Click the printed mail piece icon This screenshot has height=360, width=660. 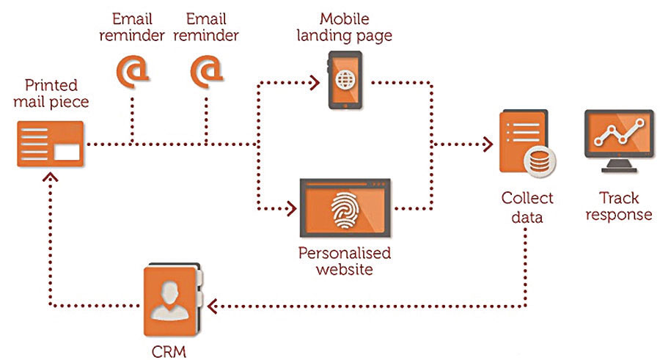50,144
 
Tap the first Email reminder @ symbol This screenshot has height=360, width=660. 133,70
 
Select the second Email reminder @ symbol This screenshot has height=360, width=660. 206,70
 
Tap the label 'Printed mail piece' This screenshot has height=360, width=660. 51,93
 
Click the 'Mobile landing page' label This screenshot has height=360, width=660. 345,26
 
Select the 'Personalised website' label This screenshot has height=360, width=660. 344,261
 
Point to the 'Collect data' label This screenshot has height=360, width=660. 527,207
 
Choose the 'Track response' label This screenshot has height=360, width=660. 619,206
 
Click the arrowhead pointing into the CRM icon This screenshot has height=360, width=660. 212,304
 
